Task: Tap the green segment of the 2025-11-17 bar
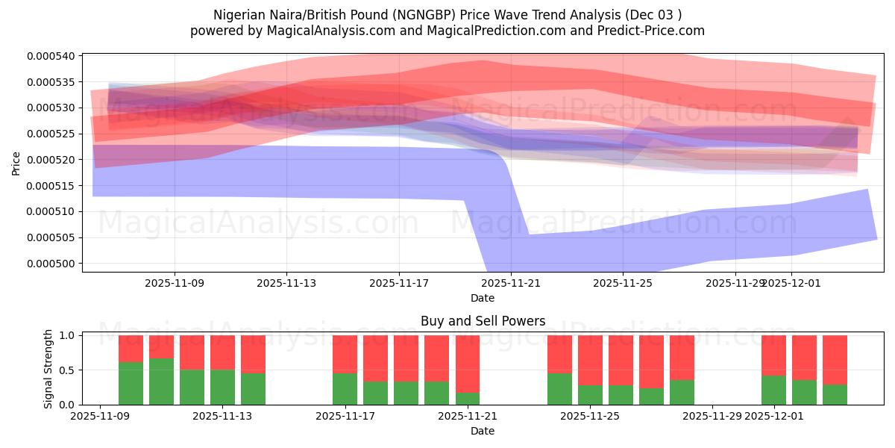[x=345, y=389]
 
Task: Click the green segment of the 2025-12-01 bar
[x=773, y=390]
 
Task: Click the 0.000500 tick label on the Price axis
[x=51, y=264]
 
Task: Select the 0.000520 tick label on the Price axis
[x=51, y=160]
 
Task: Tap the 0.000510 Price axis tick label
[x=51, y=212]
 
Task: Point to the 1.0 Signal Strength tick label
[x=65, y=336]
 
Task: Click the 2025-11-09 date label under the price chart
[x=175, y=284]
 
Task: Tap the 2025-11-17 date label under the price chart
[x=399, y=284]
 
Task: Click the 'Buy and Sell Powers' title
[x=483, y=322]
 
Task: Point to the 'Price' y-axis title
[x=16, y=163]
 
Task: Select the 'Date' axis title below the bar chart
[x=483, y=431]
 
